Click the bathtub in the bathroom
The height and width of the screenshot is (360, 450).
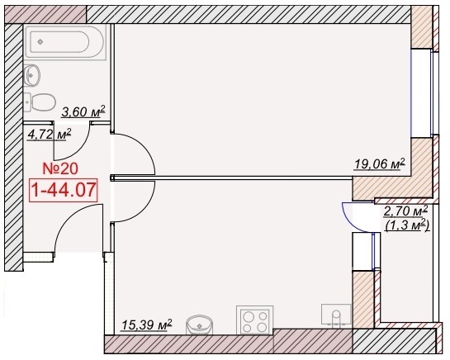click(x=65, y=42)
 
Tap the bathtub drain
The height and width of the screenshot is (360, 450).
click(x=40, y=42)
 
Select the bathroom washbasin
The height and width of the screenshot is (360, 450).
click(x=31, y=75)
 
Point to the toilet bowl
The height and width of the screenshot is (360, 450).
click(x=44, y=102)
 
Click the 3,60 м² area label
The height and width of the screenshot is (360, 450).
click(x=83, y=111)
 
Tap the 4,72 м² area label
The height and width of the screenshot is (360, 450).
click(x=49, y=135)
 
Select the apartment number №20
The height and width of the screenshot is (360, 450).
click(x=60, y=168)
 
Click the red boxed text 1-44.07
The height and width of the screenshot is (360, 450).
click(x=64, y=190)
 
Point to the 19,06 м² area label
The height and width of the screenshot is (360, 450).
click(x=380, y=164)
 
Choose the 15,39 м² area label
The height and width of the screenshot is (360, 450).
click(x=147, y=325)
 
